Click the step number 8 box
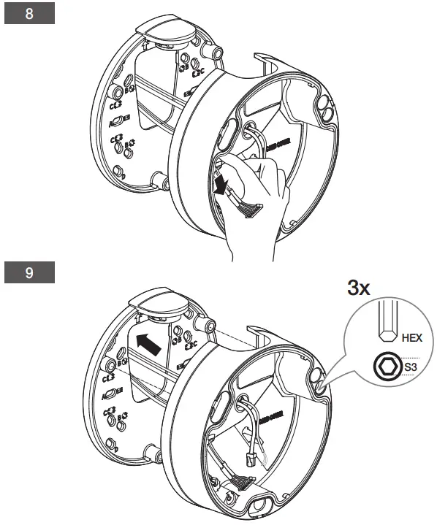click(30, 15)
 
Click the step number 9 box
click(30, 273)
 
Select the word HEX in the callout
click(412, 338)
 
